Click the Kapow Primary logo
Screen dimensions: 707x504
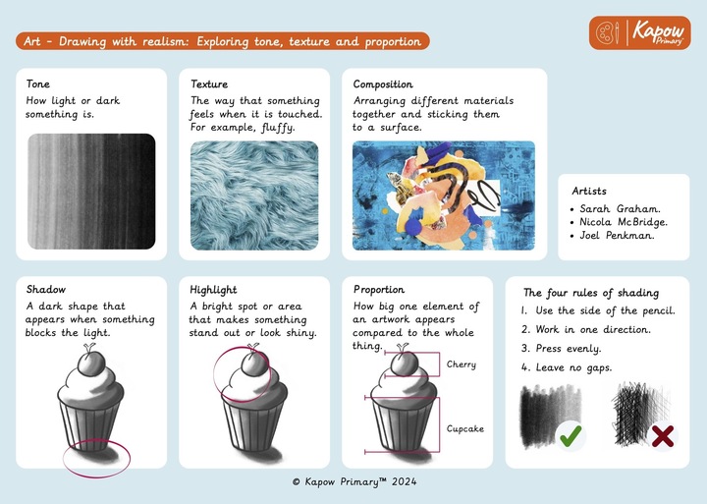[x=639, y=33]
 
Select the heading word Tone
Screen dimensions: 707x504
[x=38, y=84]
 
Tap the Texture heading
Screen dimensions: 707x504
[x=209, y=84]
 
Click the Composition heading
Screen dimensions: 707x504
[x=383, y=84]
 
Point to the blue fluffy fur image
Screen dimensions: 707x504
[x=254, y=196]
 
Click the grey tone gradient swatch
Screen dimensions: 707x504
[x=91, y=191]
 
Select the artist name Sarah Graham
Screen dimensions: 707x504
[x=620, y=209]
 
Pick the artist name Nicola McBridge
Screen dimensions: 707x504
[x=624, y=222]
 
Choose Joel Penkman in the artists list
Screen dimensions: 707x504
[x=617, y=235]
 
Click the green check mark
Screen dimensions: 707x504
[x=571, y=435]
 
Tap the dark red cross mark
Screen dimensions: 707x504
[x=663, y=436]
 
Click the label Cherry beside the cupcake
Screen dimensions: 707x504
[x=462, y=364]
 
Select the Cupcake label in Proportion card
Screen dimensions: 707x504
[x=465, y=428]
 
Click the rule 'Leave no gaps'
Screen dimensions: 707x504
[x=567, y=367]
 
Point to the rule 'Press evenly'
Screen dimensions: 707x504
[x=562, y=349]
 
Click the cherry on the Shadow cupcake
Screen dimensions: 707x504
[x=91, y=364]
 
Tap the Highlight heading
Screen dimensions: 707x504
[x=213, y=290]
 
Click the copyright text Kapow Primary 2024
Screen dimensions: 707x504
[x=354, y=481]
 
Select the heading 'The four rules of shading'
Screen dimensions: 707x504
[x=591, y=293]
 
